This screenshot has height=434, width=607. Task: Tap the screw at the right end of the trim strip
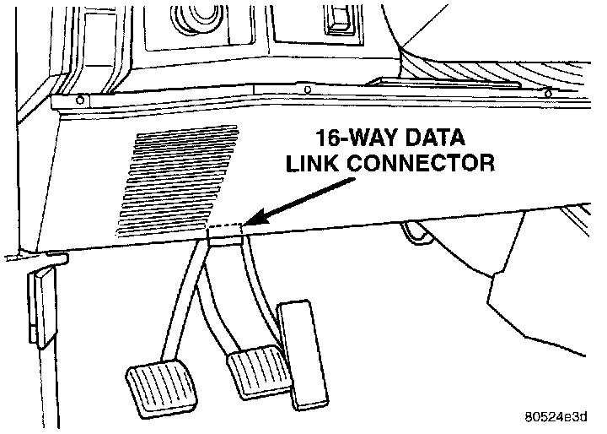point(549,92)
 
